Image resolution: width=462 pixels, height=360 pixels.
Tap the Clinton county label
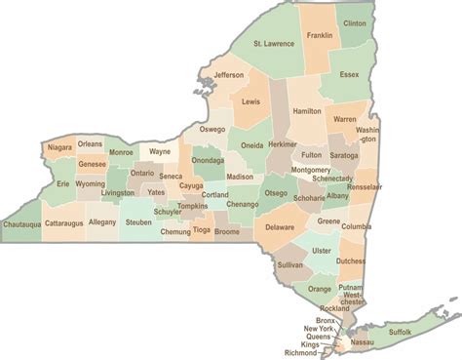(356, 22)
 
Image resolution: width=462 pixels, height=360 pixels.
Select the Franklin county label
(320, 36)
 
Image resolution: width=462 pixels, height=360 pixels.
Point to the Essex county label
(350, 73)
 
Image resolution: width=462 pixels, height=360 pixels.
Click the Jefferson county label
(228, 75)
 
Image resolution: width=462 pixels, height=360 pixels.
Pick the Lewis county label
(251, 101)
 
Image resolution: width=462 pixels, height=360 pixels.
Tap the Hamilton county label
(306, 112)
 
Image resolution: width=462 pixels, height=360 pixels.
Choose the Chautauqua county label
(22, 223)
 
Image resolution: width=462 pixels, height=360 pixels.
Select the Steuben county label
(140, 223)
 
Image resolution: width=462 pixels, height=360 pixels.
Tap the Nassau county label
(362, 342)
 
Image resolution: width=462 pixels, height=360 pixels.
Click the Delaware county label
(280, 227)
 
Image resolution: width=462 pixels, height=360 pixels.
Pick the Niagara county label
(58, 147)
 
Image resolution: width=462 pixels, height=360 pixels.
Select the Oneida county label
(251, 144)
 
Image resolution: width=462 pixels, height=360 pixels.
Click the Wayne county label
(158, 152)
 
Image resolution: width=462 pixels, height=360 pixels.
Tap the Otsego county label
(276, 193)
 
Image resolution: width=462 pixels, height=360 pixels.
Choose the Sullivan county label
(289, 264)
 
